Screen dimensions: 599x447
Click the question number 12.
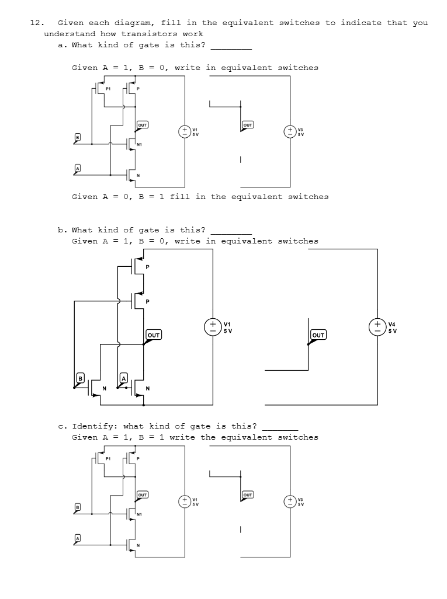[x=35, y=23]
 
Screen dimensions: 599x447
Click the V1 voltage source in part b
[x=213, y=327]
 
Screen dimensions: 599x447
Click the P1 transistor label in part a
[x=109, y=89]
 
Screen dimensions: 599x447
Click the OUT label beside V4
[x=318, y=335]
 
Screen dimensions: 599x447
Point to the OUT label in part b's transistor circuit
[x=154, y=335]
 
